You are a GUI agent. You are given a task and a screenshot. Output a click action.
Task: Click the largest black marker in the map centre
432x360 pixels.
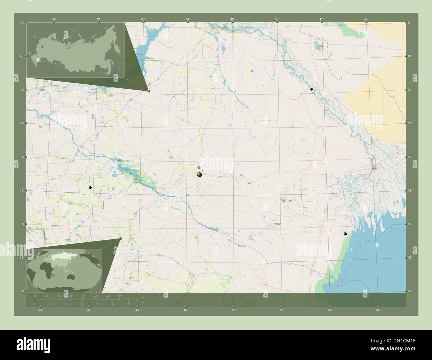point(199,175)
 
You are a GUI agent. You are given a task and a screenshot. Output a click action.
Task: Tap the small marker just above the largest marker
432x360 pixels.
point(199,168)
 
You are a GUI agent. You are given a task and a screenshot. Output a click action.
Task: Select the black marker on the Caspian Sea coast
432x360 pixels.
point(345,234)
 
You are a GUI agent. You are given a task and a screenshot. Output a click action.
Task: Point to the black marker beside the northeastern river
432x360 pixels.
point(311,89)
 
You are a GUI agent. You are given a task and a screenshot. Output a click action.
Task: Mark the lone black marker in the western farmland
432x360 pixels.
point(90,188)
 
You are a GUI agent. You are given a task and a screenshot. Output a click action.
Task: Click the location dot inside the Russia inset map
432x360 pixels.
point(42,47)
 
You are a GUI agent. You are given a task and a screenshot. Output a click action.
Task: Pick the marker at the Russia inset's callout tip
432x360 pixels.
point(149,91)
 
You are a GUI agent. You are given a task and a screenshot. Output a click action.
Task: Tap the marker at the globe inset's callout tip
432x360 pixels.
point(120,238)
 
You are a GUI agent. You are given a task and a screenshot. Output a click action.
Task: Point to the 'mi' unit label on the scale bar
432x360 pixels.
point(143,303)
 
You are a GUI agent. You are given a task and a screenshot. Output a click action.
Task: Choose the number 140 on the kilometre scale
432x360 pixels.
point(119,296)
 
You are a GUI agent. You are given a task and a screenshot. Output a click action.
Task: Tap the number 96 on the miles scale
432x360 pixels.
point(128,304)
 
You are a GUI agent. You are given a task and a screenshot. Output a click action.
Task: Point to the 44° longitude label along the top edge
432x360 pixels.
point(188,19)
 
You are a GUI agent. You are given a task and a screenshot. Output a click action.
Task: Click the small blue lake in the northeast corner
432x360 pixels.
point(317,44)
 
